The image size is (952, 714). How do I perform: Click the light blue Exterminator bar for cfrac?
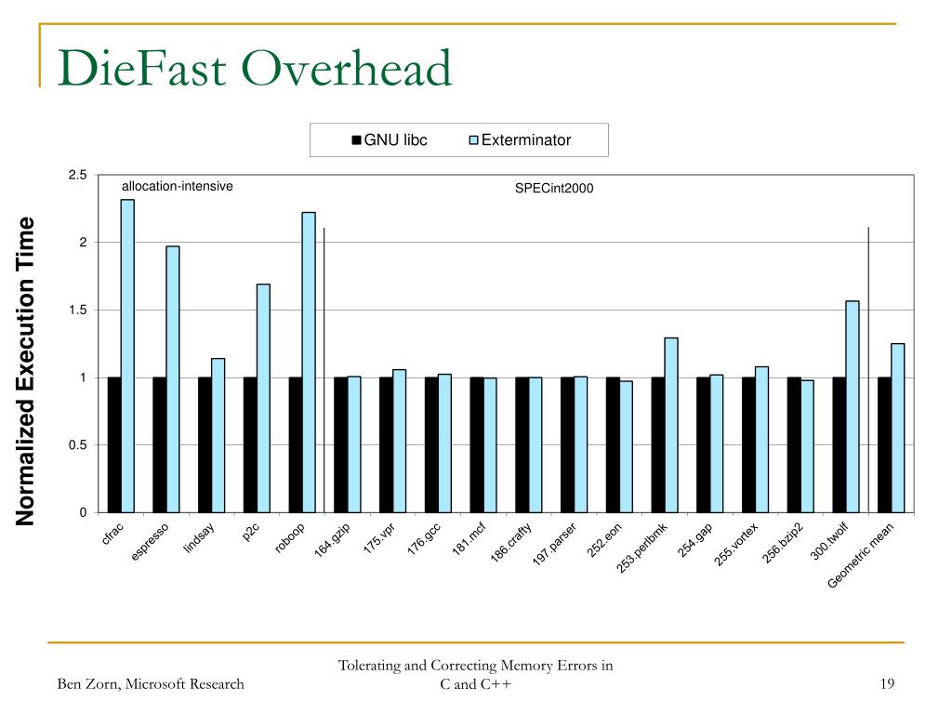pos(127,356)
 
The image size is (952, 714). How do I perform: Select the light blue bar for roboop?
pos(309,363)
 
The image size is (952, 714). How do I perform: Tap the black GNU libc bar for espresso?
pos(159,445)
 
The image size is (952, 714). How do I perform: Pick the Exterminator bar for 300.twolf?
pos(853,407)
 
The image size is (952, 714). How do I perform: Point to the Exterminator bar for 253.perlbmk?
pos(671,425)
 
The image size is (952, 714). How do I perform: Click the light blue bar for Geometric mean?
pos(897,428)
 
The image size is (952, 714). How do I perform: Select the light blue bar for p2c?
pos(263,398)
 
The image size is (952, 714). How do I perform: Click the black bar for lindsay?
pos(205,445)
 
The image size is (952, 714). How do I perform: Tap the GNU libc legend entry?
pos(390,140)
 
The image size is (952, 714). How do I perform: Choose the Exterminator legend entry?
pos(520,140)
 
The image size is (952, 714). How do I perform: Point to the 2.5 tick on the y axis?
pos(78,175)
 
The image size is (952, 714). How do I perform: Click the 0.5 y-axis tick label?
pos(78,445)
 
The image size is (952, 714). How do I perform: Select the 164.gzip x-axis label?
pos(332,539)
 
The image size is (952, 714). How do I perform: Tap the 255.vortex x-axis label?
pos(736,544)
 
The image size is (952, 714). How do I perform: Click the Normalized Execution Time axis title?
pos(25,371)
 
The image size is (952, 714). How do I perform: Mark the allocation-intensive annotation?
pos(178,186)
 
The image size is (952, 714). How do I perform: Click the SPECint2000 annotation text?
pos(554,188)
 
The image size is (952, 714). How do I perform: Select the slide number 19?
pos(887,683)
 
